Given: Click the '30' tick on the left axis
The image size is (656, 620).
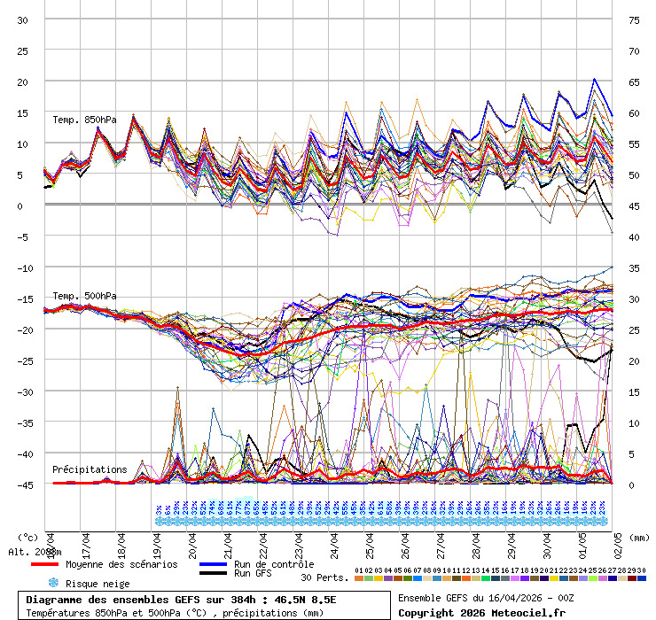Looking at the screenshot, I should pyautogui.click(x=23, y=19).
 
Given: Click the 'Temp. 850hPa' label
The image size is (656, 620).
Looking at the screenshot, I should pyautogui.click(x=84, y=120).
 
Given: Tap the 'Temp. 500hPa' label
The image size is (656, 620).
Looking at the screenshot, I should pyautogui.click(x=84, y=296).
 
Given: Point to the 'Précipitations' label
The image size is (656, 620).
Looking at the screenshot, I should pyautogui.click(x=90, y=469).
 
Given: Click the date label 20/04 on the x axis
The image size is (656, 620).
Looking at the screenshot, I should pyautogui.click(x=192, y=542).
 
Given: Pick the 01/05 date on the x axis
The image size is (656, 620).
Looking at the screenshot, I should pyautogui.click(x=582, y=542).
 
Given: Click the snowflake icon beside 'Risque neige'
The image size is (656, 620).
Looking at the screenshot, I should pyautogui.click(x=53, y=584).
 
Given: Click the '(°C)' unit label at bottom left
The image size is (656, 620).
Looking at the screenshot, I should pyautogui.click(x=27, y=536).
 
